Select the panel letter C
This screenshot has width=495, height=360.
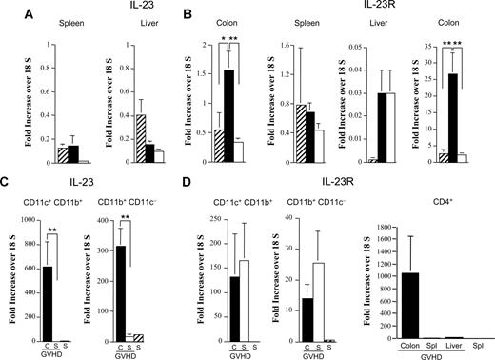[x=8, y=187]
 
